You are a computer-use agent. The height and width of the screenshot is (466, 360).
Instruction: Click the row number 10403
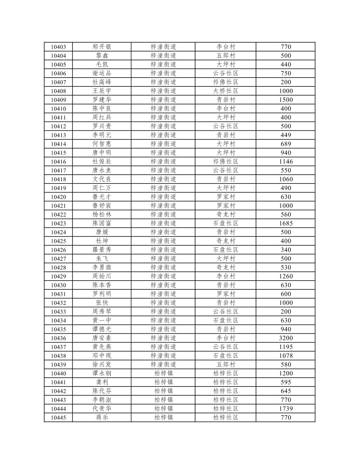click(x=58, y=47)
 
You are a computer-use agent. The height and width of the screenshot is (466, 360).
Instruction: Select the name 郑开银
click(x=102, y=47)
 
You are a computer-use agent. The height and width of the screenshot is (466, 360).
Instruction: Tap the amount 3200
click(x=286, y=338)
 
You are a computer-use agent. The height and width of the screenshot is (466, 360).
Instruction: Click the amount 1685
click(x=286, y=224)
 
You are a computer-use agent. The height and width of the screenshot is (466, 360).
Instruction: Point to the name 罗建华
click(x=102, y=100)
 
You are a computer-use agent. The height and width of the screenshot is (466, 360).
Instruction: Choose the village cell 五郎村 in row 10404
click(x=226, y=56)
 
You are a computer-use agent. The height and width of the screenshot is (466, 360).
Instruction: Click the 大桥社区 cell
click(x=226, y=91)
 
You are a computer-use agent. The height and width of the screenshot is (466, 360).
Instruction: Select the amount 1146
click(x=286, y=162)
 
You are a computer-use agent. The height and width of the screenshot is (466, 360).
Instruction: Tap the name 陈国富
click(x=102, y=224)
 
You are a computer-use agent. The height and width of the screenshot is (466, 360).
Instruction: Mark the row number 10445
click(x=58, y=418)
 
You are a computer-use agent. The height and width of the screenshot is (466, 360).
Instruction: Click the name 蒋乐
click(x=102, y=418)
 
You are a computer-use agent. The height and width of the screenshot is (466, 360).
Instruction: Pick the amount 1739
click(x=286, y=409)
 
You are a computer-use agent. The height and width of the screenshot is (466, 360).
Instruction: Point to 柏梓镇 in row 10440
click(x=163, y=373)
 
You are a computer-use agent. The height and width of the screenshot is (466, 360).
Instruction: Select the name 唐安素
click(x=102, y=338)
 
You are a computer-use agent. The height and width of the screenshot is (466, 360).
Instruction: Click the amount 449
click(x=286, y=135)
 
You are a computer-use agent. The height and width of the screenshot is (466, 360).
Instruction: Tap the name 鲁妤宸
click(x=102, y=206)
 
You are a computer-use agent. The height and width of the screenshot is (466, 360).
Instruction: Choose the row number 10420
click(x=58, y=197)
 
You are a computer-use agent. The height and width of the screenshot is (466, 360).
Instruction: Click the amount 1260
click(x=286, y=276)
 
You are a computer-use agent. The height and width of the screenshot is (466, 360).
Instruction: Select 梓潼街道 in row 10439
click(x=163, y=365)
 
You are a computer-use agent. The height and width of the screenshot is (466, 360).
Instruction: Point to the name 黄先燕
click(x=102, y=347)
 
